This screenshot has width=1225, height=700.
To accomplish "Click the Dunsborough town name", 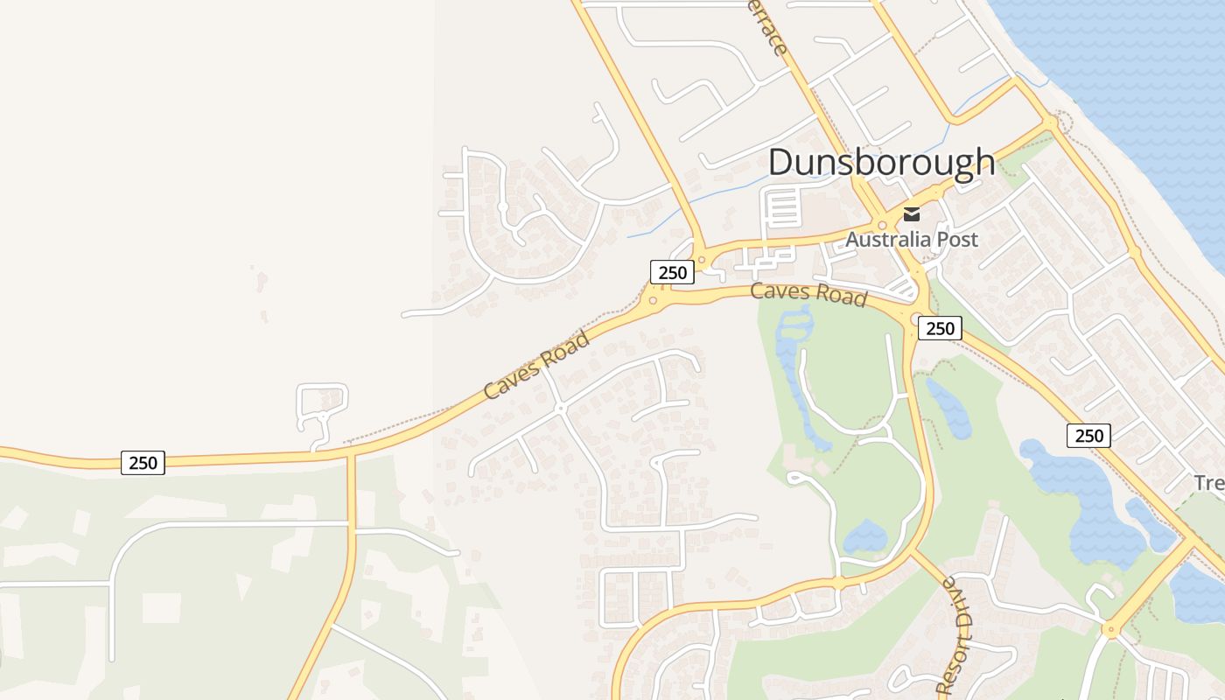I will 881,163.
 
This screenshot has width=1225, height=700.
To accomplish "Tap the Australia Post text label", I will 911,239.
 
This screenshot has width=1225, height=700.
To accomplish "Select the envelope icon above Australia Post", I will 912,213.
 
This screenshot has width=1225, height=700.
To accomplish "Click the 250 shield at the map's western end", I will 143,462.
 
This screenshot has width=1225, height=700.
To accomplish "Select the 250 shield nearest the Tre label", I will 1088,435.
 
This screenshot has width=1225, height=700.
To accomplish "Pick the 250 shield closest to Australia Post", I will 940,328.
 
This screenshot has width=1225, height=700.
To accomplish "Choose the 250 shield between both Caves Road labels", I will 672,272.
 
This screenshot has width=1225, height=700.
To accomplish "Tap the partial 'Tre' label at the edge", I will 1208,482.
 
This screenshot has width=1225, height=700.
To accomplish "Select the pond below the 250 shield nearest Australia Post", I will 949,409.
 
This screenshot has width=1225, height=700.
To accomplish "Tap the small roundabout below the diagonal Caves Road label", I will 560,409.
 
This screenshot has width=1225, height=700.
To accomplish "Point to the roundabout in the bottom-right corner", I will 1110,628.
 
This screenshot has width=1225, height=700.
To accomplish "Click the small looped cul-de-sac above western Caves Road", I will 322,405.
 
